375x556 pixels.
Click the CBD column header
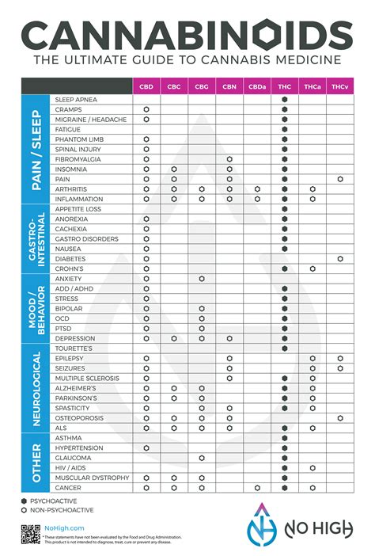click(x=146, y=86)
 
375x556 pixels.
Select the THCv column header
click(x=339, y=86)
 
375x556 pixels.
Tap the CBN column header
click(x=229, y=86)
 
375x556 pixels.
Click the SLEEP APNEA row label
click(x=76, y=99)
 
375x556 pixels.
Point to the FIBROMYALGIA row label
click(x=80, y=159)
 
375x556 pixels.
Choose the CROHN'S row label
click(x=70, y=268)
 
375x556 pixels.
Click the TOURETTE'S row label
click(x=74, y=348)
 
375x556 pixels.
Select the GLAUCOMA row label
click(x=73, y=458)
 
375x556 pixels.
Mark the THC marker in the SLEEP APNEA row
click(x=285, y=99)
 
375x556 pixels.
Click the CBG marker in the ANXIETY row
click(x=202, y=279)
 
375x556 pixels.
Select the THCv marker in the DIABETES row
click(x=340, y=259)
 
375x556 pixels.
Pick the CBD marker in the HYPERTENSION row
click(x=146, y=447)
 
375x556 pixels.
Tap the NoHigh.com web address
click(x=64, y=527)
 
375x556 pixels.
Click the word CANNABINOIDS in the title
click(x=187, y=36)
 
